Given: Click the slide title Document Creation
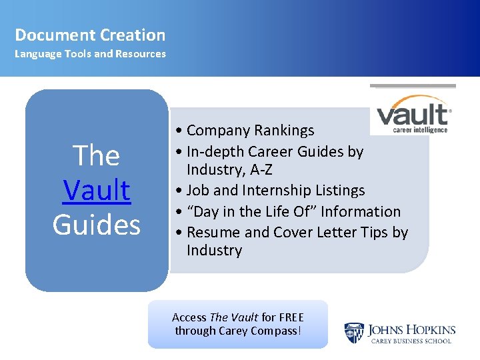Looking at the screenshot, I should click(90, 35).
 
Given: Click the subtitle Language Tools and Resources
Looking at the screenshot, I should click(90, 54).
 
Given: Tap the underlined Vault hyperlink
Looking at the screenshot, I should click(97, 190).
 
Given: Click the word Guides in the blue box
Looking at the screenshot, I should click(97, 225).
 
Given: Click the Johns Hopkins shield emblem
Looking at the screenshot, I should click(353, 333).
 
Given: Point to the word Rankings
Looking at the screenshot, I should click(283, 130).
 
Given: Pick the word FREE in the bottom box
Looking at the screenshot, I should click(291, 317).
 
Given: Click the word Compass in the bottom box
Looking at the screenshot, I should click(271, 331).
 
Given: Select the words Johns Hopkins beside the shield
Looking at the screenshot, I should click(411, 329).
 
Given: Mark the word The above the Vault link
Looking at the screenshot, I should click(97, 155).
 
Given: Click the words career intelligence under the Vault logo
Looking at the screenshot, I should click(420, 130).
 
